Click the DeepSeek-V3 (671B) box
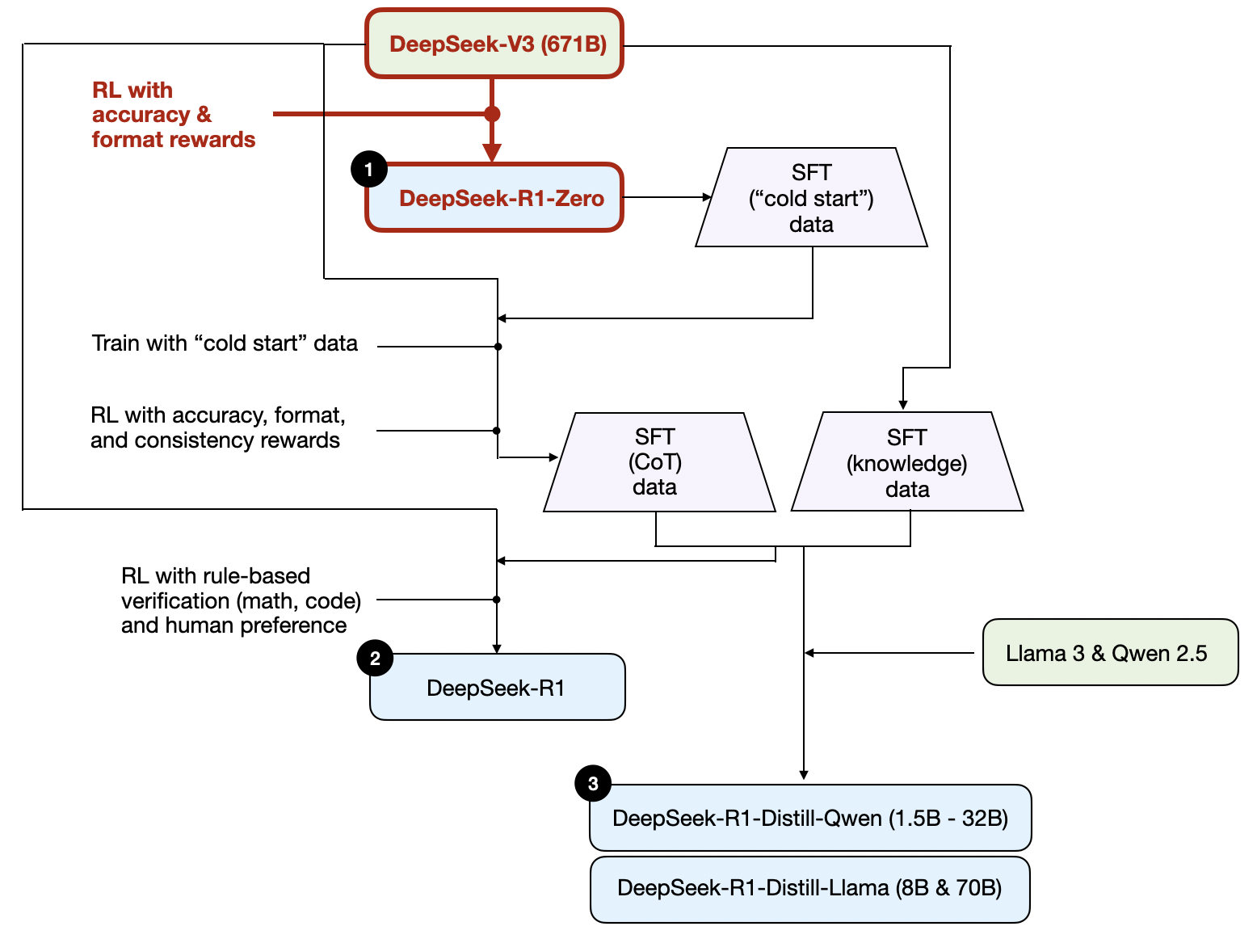click(494, 44)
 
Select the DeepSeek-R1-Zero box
click(494, 198)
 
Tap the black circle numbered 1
click(369, 170)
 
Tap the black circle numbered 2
click(375, 659)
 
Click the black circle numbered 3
click(593, 783)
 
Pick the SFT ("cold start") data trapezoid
click(811, 198)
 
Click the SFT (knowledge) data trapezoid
click(907, 462)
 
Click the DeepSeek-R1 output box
click(497, 688)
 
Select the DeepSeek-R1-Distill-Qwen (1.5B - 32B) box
click(810, 818)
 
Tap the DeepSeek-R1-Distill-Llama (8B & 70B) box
click(810, 888)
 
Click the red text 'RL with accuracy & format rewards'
click(173, 115)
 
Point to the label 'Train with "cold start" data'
click(225, 343)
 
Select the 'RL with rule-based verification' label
click(240, 600)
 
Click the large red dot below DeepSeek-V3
click(492, 114)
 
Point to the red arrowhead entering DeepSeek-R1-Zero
click(492, 152)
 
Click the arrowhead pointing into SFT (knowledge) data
click(903, 404)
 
